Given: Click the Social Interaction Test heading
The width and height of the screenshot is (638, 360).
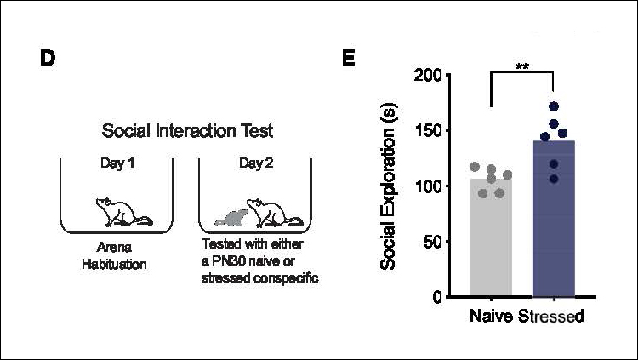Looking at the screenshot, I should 187,131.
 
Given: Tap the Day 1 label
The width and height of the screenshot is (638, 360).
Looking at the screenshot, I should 117,163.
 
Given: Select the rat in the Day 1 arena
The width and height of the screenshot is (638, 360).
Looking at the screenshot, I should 122,213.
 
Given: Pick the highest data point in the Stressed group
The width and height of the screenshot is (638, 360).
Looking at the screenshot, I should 554,107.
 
